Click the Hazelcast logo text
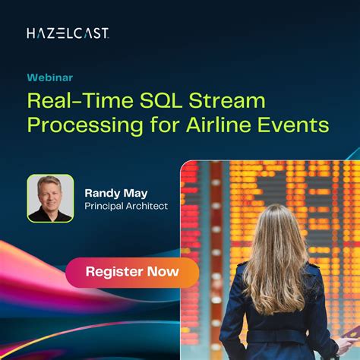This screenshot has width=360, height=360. pyautogui.click(x=68, y=33)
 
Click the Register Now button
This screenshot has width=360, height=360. pyautogui.click(x=131, y=271)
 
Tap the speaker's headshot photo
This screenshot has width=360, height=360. pyautogui.click(x=50, y=197)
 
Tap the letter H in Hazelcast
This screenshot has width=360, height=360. pyautogui.click(x=30, y=33)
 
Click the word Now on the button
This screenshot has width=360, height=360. pyautogui.click(x=163, y=271)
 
